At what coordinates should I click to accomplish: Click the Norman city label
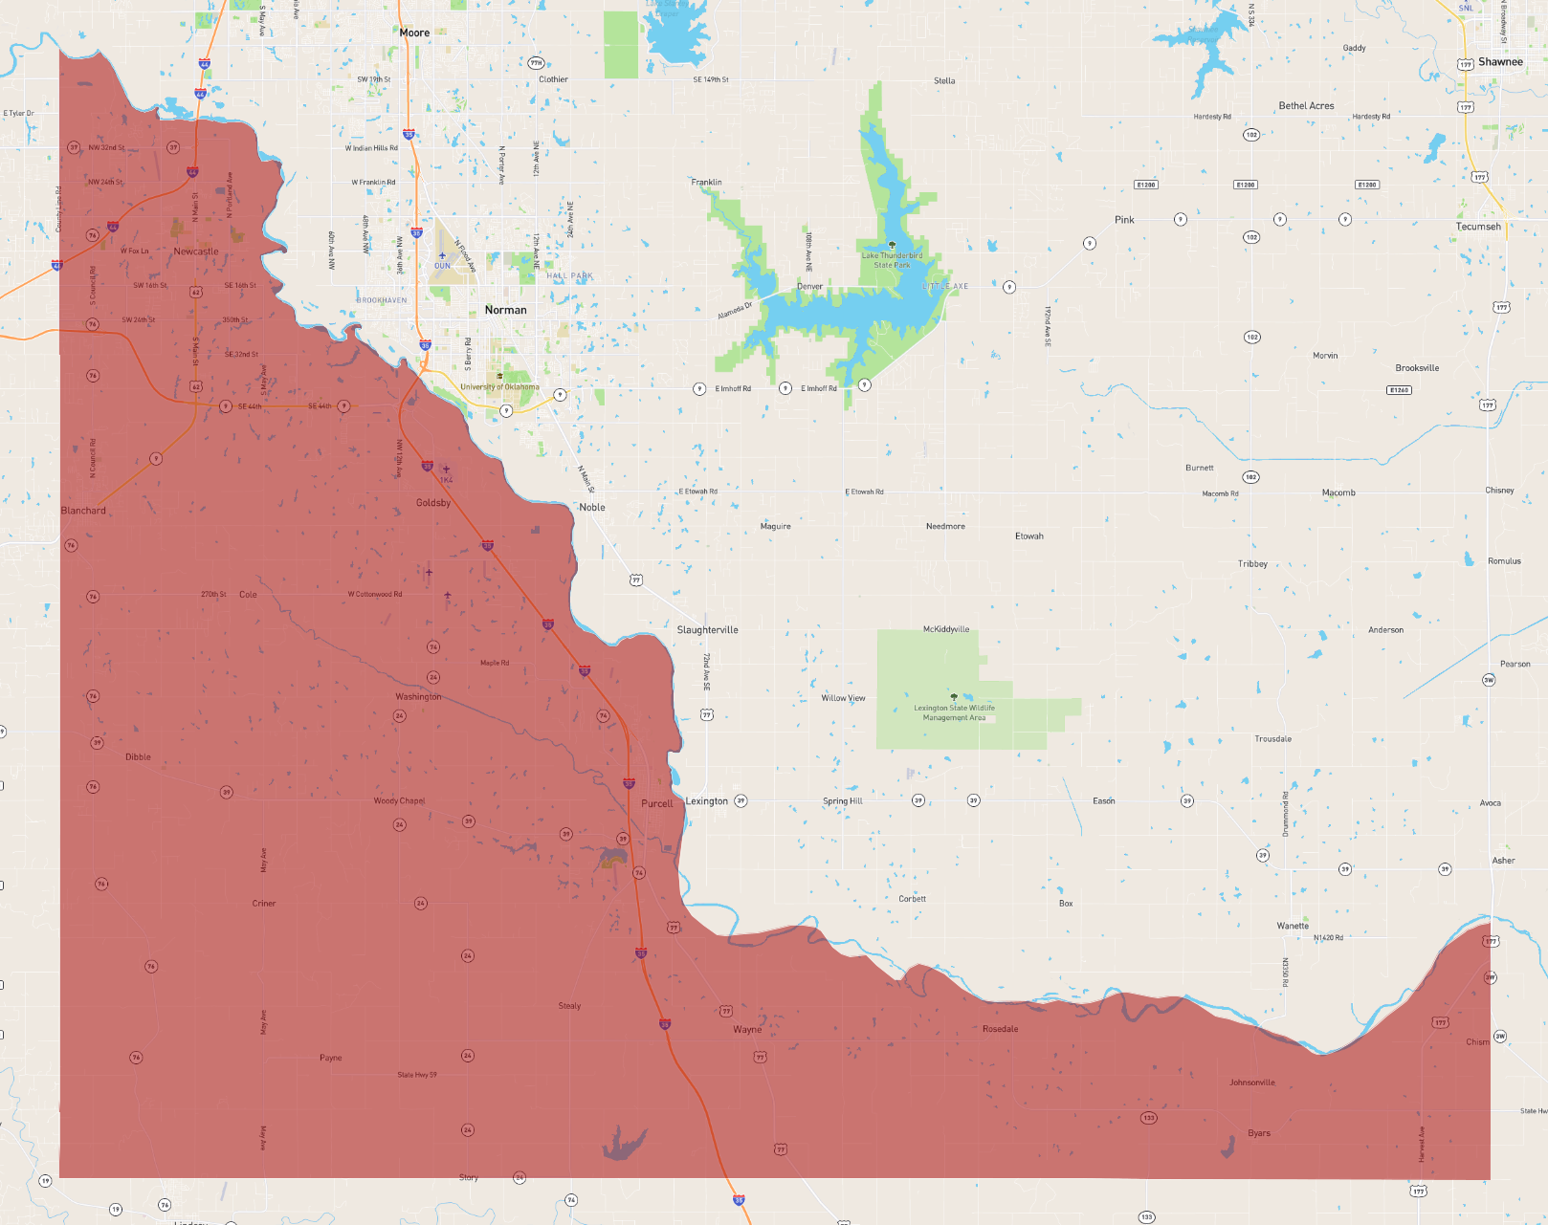click(505, 310)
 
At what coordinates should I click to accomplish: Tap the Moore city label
click(414, 33)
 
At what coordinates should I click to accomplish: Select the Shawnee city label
click(1499, 62)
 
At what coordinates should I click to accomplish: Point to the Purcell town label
click(657, 803)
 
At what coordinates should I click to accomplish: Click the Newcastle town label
click(196, 252)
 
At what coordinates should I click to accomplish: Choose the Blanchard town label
click(83, 511)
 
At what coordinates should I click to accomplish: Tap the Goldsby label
click(433, 503)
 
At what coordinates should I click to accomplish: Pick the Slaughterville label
click(707, 630)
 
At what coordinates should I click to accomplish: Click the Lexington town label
click(707, 801)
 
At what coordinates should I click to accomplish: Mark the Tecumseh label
click(1478, 227)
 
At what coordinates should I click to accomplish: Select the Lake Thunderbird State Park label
click(892, 260)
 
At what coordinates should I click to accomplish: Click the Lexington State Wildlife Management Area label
click(954, 712)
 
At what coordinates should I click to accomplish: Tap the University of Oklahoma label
click(499, 387)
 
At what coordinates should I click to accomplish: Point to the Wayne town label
click(747, 1030)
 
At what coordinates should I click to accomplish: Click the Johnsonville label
click(1251, 1083)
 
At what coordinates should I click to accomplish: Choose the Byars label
click(1259, 1133)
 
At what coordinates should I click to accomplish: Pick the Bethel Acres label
click(1306, 106)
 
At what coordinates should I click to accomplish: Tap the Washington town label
click(418, 697)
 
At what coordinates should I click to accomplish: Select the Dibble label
click(138, 757)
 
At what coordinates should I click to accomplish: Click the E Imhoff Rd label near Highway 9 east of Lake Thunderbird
click(819, 388)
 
